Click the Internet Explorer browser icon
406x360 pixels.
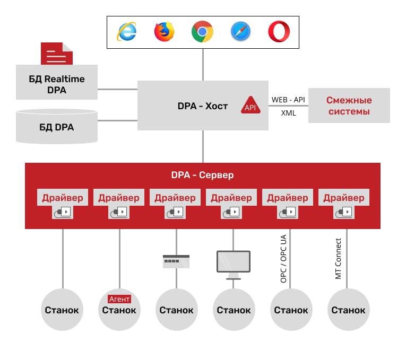[x=127, y=32]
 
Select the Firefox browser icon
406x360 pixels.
[x=164, y=32]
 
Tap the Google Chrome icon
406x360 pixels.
[x=202, y=32]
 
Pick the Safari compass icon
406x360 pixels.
[x=240, y=32]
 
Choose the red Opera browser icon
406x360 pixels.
[x=279, y=32]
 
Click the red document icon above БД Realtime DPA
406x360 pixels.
[x=57, y=54]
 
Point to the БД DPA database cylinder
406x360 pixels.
[x=57, y=127]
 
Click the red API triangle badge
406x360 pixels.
[x=250, y=106]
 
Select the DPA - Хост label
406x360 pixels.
[x=203, y=106]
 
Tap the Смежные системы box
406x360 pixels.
[x=349, y=106]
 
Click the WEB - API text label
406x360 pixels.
[x=288, y=100]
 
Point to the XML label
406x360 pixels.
[x=289, y=113]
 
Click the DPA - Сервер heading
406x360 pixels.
[x=203, y=175]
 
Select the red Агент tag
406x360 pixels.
[x=119, y=299]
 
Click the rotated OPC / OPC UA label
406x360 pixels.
[x=283, y=259]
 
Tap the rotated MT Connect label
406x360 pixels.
[x=338, y=259]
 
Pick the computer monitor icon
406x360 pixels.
[x=234, y=265]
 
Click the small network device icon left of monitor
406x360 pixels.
[x=176, y=261]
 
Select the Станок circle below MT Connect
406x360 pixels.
[x=349, y=310]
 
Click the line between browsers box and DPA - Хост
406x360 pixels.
[x=203, y=65]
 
